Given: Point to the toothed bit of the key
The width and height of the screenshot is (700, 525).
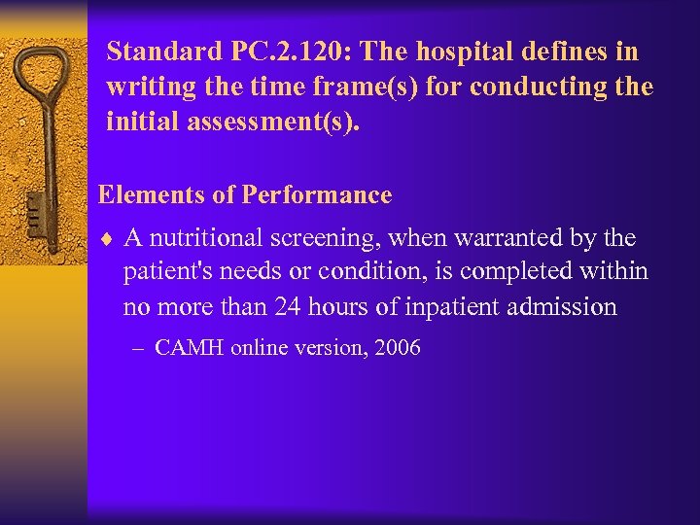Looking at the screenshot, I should (34, 214).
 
